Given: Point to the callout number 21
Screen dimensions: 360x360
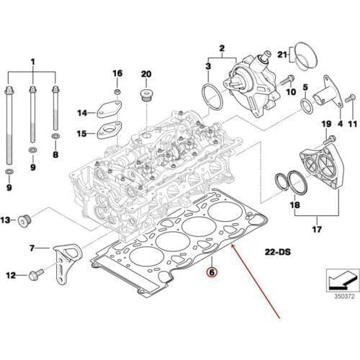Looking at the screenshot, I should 282,55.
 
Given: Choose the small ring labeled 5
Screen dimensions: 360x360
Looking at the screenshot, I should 305,107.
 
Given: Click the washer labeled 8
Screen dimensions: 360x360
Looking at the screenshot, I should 56,135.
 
